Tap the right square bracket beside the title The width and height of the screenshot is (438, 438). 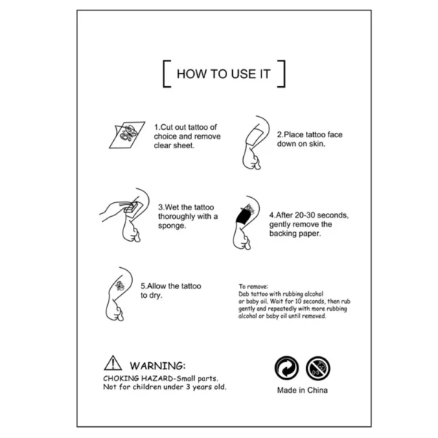coord(284,74)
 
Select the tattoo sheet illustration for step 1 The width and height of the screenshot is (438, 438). coord(127,134)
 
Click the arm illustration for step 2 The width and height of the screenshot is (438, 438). coord(255,143)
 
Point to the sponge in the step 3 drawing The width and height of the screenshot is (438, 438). coord(131,207)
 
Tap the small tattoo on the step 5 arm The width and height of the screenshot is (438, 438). coord(120,285)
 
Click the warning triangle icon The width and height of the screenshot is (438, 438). coord(113,363)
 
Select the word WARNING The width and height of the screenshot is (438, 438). coord(157,366)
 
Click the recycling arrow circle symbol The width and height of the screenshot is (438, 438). coord(287,368)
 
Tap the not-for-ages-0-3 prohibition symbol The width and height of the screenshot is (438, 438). coord(318,368)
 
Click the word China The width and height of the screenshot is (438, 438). coord(317,390)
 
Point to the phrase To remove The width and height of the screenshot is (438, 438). coord(253,286)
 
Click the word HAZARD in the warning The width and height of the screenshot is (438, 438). coord(157,378)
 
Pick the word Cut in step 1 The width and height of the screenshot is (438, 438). coord(166,127)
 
